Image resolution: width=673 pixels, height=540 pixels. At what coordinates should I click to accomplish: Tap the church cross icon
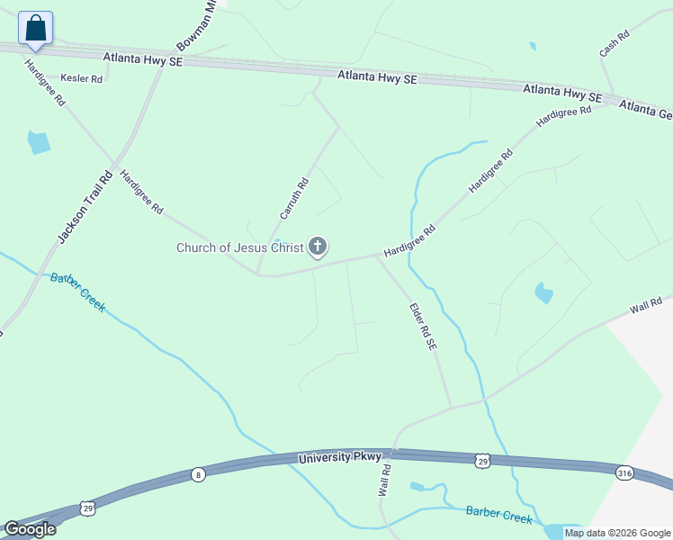pos(317,246)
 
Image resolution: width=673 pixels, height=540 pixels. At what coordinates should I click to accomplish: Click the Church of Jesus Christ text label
pos(239,247)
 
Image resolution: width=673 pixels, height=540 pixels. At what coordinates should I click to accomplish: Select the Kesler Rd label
pos(82,79)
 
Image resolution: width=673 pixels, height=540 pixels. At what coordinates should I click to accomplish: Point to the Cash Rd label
pos(615,44)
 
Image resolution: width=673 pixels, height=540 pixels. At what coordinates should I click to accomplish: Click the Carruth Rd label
pos(294,199)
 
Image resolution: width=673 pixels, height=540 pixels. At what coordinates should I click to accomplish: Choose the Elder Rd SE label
pos(423,325)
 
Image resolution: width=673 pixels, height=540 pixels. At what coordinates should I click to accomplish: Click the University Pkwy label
pos(340,458)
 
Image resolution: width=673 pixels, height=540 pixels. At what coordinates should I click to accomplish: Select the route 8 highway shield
pos(198,474)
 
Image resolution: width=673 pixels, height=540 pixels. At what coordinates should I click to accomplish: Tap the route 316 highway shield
pos(624,472)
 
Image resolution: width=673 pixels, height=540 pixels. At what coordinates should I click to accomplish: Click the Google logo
pos(29,529)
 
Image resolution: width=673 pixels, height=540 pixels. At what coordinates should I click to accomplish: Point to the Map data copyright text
pos(618,533)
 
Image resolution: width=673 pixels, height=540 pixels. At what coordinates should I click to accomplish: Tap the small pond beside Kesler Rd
pos(39,141)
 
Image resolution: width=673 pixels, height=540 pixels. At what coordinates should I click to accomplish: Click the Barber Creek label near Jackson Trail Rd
pos(78,292)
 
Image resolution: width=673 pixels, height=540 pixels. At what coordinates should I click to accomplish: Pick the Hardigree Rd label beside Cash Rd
pos(564,116)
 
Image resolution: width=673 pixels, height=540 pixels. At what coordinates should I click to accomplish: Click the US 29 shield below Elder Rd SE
pos(483,460)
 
